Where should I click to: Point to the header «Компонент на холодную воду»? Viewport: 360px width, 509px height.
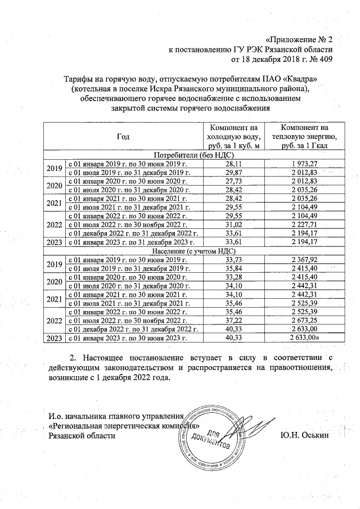pos(233,137)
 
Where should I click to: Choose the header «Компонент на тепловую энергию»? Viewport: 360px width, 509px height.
pos(304,137)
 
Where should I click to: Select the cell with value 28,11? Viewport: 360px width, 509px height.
pos(233,163)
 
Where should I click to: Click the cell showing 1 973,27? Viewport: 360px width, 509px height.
pos(304,163)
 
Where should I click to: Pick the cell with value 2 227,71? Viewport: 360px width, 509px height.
pos(304,224)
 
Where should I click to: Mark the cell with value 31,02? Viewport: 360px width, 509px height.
pos(233,224)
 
